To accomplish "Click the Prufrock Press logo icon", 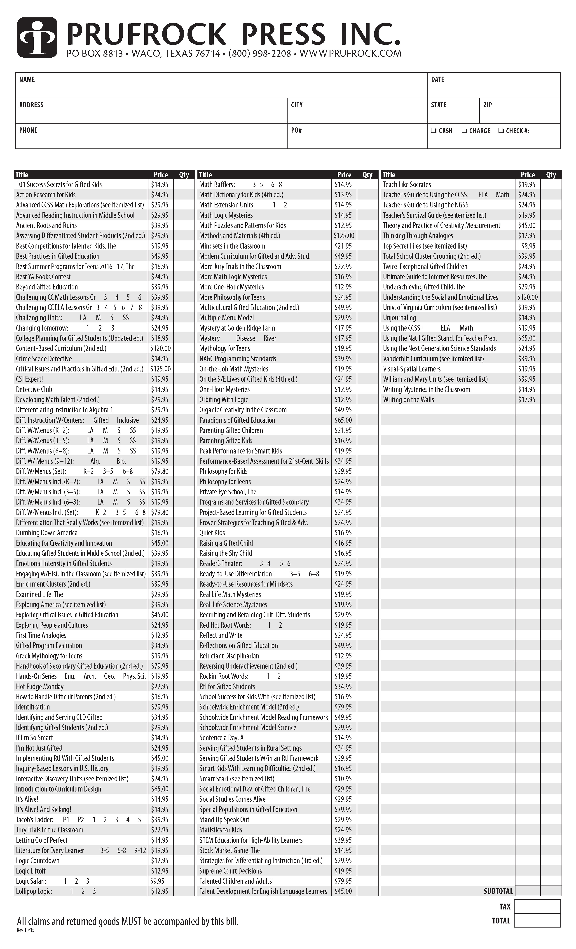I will click(x=37, y=38).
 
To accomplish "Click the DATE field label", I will click(x=437, y=79).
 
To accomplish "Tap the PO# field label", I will click(x=296, y=130).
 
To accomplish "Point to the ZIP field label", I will click(x=487, y=105).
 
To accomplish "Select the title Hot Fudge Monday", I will click(x=40, y=686).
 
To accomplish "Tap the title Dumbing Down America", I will click(x=47, y=533).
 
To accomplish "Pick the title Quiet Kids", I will click(x=212, y=533).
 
